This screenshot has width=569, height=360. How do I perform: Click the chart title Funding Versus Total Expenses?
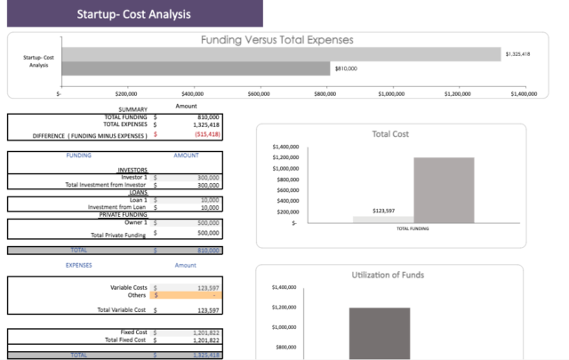point(276,40)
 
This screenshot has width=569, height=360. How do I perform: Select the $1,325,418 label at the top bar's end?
point(517,54)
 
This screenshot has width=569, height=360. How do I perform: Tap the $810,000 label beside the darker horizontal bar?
point(347,68)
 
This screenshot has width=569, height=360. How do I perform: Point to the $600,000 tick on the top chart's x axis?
point(259,92)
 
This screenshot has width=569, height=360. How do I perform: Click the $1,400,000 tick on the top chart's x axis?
point(524,92)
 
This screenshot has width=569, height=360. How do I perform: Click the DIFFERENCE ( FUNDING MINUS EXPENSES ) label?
point(77,135)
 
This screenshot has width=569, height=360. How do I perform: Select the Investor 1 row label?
point(133,177)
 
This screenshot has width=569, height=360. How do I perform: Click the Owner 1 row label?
point(133,222)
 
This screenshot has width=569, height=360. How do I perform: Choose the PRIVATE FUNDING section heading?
point(122,214)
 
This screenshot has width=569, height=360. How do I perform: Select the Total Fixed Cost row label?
point(125,340)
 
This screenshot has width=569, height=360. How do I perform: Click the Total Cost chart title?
point(390,134)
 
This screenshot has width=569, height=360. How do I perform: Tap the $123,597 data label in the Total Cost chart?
point(383,211)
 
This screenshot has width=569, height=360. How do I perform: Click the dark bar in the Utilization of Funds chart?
point(379,332)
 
